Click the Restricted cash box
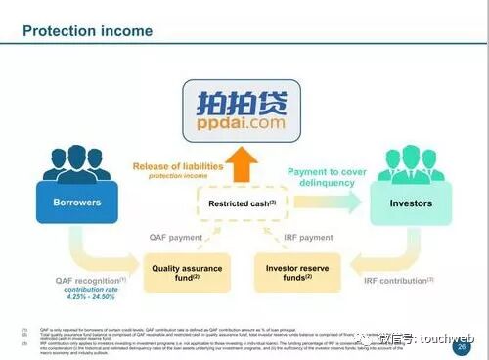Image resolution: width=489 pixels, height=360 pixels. coord(243,203)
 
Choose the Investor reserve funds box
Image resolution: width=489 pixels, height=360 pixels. coord(296,272)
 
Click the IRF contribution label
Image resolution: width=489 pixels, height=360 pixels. coord(397,281)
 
